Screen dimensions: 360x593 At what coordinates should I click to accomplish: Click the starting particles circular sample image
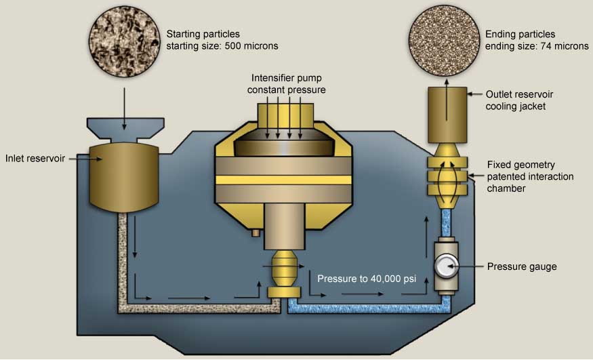coord(124,39)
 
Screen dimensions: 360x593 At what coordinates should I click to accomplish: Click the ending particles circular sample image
coord(446,39)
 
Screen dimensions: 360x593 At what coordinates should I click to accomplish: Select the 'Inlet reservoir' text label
coord(35,159)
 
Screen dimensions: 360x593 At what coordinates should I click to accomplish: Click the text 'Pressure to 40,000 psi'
coord(366,279)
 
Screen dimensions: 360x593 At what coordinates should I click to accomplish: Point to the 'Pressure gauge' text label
coord(522,266)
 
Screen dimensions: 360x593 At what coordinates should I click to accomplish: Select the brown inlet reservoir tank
coord(124,173)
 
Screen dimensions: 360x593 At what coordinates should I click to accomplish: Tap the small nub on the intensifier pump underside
coord(255,233)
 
